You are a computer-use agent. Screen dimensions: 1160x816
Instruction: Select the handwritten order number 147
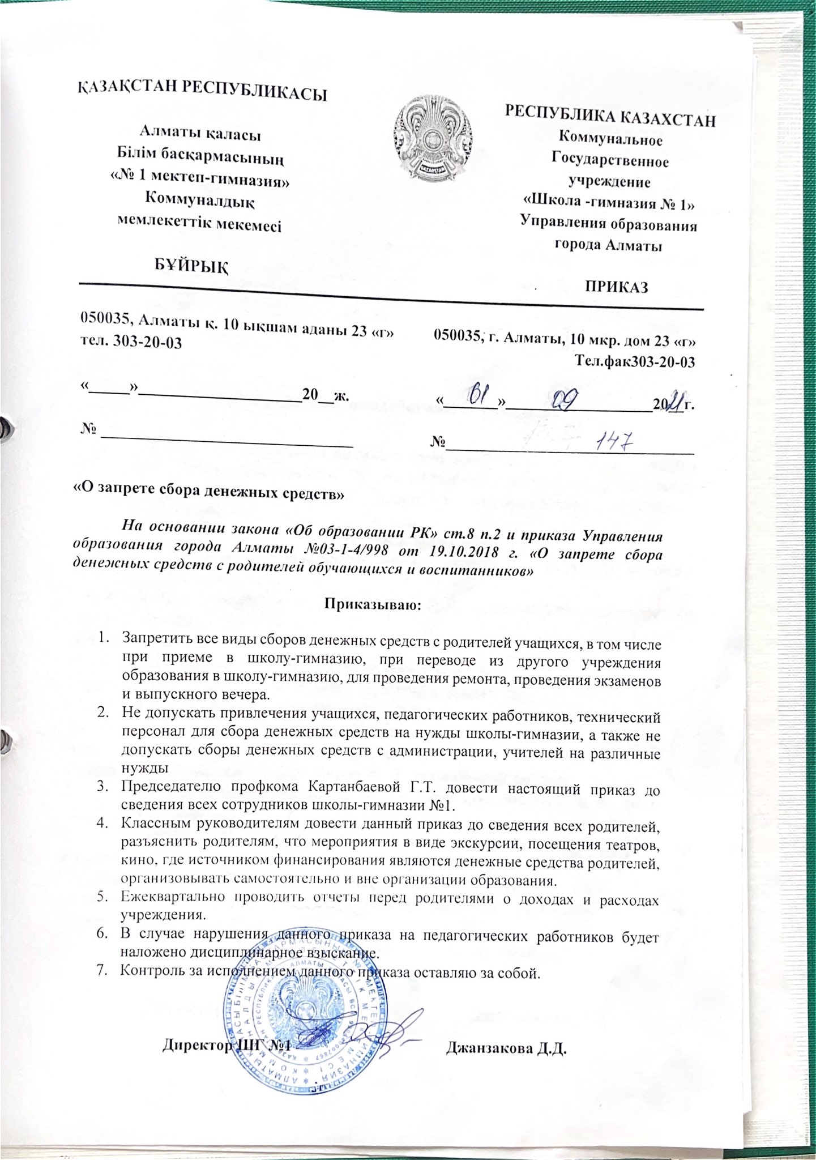point(615,439)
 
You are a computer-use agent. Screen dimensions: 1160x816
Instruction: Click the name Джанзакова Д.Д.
point(506,1048)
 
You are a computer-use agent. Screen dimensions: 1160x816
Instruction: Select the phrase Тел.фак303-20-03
point(634,361)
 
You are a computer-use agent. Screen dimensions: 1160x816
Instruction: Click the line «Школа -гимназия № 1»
point(608,203)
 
